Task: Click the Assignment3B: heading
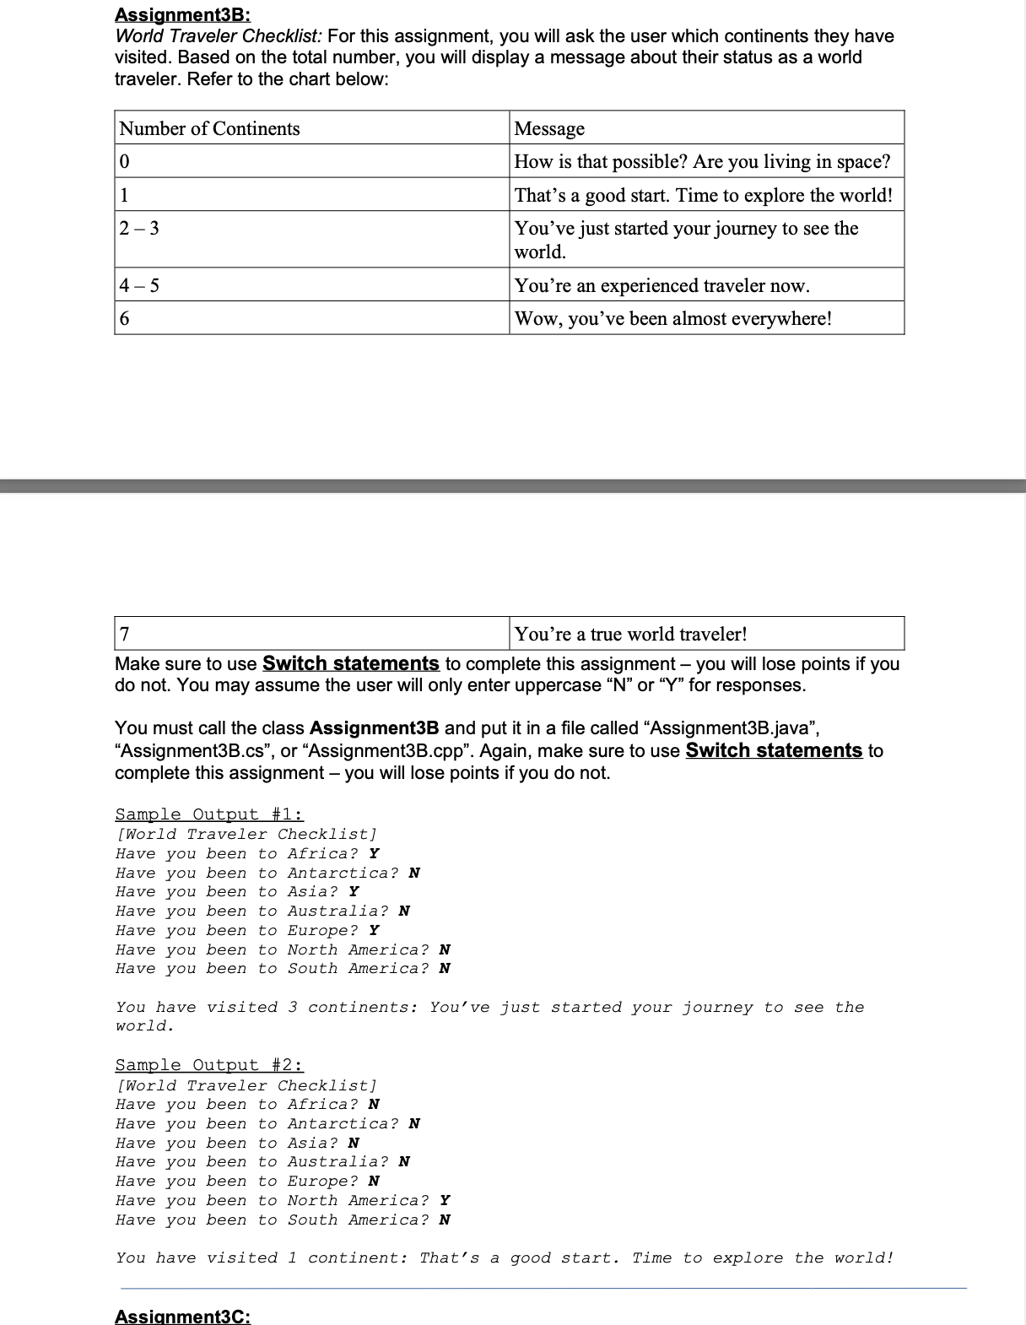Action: click(182, 14)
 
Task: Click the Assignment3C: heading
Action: click(182, 1316)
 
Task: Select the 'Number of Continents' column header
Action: click(209, 128)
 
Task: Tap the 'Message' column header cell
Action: click(549, 128)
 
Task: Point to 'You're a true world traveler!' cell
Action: click(630, 634)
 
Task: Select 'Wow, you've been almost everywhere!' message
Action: click(672, 318)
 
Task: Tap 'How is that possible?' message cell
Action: click(702, 161)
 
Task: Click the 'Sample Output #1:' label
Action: click(208, 814)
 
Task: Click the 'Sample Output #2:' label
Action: click(208, 1065)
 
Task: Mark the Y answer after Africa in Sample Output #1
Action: click(374, 853)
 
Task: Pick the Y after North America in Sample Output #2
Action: click(445, 1200)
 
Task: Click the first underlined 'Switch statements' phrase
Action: click(350, 663)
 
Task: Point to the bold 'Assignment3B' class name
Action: click(374, 727)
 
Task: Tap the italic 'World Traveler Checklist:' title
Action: click(219, 36)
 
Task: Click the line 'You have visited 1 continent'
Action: click(505, 1257)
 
